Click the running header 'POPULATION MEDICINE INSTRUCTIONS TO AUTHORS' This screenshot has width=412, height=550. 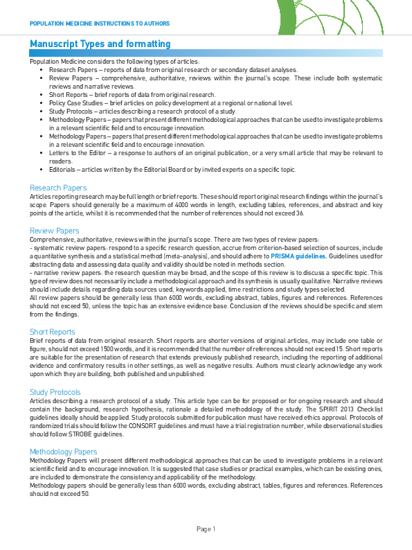tap(99, 23)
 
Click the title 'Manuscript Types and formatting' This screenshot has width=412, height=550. tap(100, 44)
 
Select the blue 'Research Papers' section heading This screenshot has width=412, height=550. tap(58, 188)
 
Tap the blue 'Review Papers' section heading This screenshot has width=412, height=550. tap(55, 230)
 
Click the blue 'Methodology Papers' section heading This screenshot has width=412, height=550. tap(64, 452)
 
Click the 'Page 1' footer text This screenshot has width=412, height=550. tap(206, 529)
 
